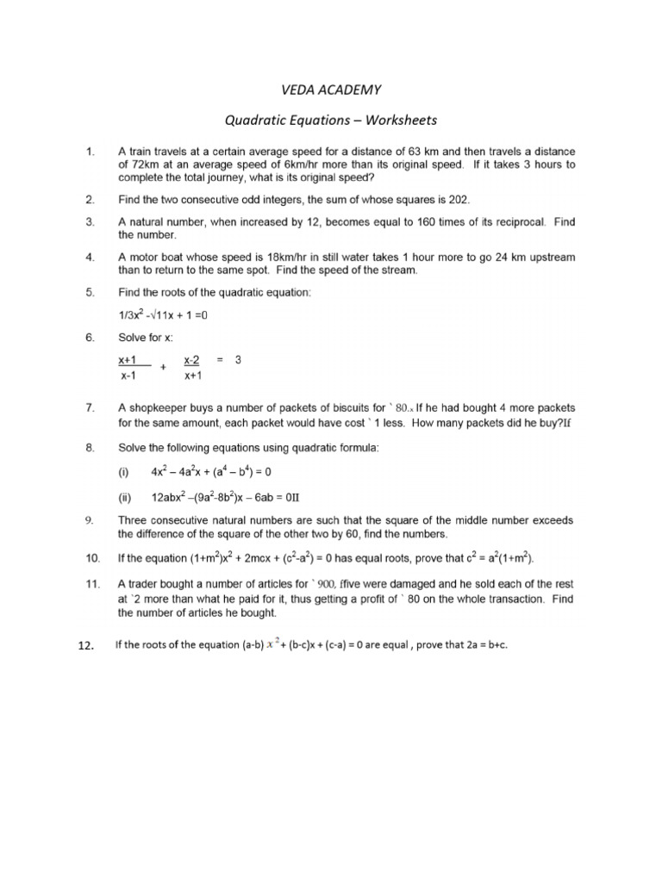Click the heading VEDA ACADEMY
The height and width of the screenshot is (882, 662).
331,90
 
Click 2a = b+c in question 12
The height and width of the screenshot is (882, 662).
479,646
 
